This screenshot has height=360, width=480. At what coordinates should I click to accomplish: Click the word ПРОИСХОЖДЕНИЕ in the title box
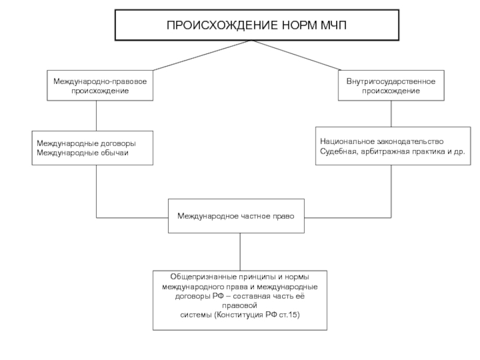pyautogui.click(x=222, y=25)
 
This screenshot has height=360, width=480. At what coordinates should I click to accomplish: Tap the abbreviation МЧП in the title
pyautogui.click(x=334, y=25)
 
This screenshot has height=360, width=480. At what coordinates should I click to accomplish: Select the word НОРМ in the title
pyautogui.click(x=299, y=25)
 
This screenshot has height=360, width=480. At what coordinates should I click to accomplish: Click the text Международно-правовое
pyautogui.click(x=100, y=82)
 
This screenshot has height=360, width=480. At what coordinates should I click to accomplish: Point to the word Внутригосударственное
pyautogui.click(x=391, y=82)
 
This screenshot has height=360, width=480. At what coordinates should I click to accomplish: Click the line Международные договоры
pyautogui.click(x=86, y=143)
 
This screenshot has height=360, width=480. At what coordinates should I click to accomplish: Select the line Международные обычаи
pyautogui.click(x=82, y=153)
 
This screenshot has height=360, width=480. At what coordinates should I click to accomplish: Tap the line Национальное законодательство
pyautogui.click(x=382, y=142)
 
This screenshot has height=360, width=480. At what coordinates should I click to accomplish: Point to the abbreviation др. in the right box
pyautogui.click(x=460, y=152)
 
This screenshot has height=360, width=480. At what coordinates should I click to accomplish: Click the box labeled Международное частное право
pyautogui.click(x=236, y=216)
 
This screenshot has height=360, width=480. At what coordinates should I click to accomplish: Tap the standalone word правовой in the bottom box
pyautogui.click(x=239, y=305)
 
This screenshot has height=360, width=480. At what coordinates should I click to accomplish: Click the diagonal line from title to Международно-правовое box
pyautogui.click(x=202, y=55)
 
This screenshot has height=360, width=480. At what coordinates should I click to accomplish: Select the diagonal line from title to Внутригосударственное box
pyautogui.click(x=296, y=55)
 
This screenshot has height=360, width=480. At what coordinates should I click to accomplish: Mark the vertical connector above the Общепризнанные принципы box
pyautogui.click(x=240, y=251)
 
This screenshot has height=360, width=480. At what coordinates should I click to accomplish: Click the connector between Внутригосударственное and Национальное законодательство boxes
pyautogui.click(x=391, y=113)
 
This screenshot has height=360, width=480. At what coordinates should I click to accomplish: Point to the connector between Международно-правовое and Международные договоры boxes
pyautogui.click(x=97, y=116)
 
